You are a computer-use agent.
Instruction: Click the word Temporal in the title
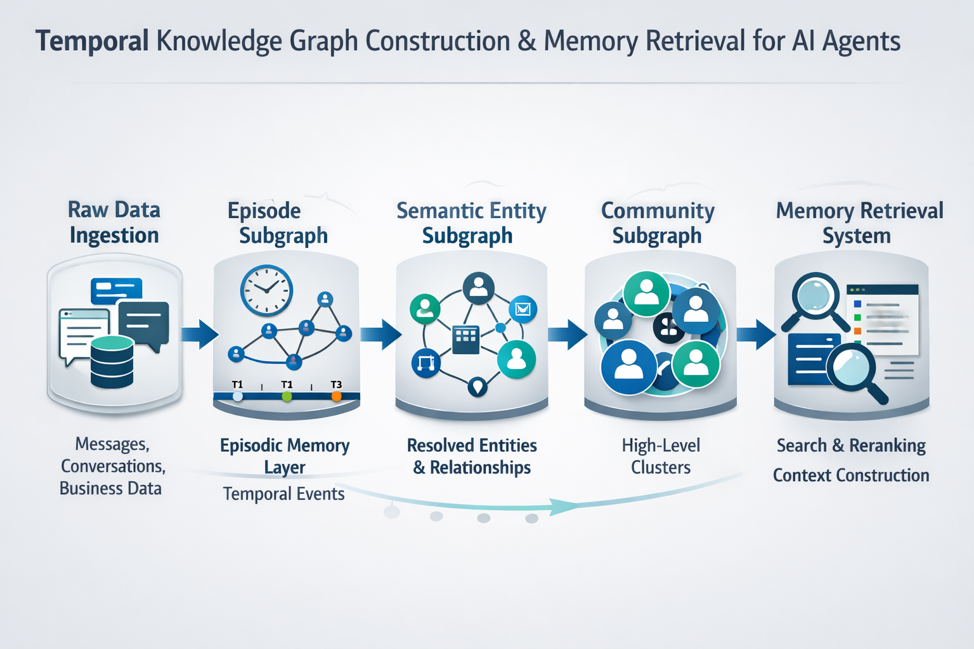[x=92, y=41]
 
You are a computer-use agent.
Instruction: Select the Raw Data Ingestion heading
[x=114, y=222]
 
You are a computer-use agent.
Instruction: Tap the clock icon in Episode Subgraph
[x=266, y=290]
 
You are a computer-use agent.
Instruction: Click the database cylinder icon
[x=112, y=362]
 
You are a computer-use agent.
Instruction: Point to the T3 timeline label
[x=336, y=385]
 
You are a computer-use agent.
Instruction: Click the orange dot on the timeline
[x=337, y=397]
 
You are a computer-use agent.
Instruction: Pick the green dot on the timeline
[x=287, y=397]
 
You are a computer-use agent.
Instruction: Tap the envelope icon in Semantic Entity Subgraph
[x=523, y=309]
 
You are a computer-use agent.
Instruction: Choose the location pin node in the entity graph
[x=477, y=385]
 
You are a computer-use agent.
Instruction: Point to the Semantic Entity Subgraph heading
[x=471, y=222]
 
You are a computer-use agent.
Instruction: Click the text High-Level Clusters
[x=661, y=456]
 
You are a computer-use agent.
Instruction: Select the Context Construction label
[x=851, y=475]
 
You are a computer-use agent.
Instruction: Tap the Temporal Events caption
[x=283, y=494]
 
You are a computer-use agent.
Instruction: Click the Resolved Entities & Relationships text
[x=472, y=456]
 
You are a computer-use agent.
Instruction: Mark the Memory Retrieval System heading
[x=859, y=222]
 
